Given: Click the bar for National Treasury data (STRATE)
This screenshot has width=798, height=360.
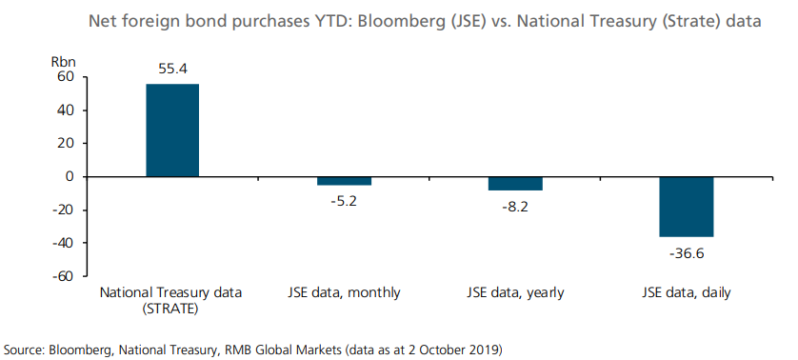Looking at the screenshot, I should (172, 130).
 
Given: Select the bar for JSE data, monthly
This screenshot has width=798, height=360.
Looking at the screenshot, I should (344, 181).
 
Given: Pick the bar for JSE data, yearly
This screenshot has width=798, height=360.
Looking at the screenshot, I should (515, 184).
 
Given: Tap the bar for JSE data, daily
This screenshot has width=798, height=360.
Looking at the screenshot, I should (687, 207).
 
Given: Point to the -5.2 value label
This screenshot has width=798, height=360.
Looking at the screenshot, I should (344, 201).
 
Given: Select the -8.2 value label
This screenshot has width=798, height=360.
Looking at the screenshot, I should (515, 207).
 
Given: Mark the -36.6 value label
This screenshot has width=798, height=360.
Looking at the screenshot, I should (687, 253).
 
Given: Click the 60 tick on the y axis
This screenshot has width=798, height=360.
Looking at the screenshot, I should (65, 77).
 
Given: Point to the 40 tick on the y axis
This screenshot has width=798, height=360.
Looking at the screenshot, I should (65, 110).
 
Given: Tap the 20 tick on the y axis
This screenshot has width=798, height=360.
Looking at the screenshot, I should (65, 144).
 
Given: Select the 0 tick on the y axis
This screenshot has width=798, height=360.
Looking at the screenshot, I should (69, 177).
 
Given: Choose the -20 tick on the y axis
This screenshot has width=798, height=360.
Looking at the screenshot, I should (63, 210).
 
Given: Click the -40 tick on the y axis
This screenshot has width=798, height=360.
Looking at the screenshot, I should (63, 244).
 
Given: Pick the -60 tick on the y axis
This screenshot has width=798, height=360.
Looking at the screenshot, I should (63, 277).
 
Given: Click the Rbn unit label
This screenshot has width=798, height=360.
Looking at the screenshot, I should (63, 60).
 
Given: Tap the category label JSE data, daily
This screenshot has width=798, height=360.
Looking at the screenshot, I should (687, 292).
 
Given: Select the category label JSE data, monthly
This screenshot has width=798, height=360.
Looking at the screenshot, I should (344, 292).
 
